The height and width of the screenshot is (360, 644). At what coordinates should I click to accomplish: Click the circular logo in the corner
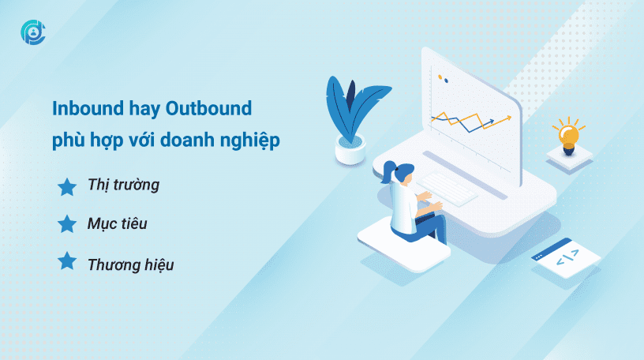(x=33, y=32)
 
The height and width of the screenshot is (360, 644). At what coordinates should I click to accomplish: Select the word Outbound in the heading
(x=208, y=108)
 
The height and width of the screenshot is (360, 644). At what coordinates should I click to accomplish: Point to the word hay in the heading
(x=144, y=110)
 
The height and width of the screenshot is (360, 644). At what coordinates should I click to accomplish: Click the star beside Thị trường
(x=67, y=187)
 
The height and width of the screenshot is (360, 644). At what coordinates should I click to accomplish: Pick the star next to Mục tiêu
(x=67, y=224)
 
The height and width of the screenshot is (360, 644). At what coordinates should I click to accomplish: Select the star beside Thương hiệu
(x=67, y=261)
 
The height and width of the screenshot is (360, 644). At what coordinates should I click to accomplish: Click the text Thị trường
(x=123, y=185)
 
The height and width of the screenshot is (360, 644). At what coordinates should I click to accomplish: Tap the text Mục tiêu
(x=117, y=223)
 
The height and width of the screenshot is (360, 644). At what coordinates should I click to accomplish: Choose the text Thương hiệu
(x=130, y=264)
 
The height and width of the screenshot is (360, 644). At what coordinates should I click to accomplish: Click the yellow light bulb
(x=569, y=136)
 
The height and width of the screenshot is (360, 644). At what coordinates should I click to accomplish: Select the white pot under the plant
(x=350, y=149)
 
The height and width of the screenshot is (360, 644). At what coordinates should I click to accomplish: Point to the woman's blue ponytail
(x=388, y=171)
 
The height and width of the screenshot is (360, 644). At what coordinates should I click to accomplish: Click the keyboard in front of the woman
(x=447, y=189)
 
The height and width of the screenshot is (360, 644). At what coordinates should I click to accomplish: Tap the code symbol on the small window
(x=567, y=257)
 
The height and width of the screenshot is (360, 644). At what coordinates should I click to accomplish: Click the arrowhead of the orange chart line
(x=508, y=118)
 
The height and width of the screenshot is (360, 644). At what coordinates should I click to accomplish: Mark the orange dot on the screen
(x=440, y=77)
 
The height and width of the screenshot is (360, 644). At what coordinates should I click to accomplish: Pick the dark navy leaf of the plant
(x=350, y=96)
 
